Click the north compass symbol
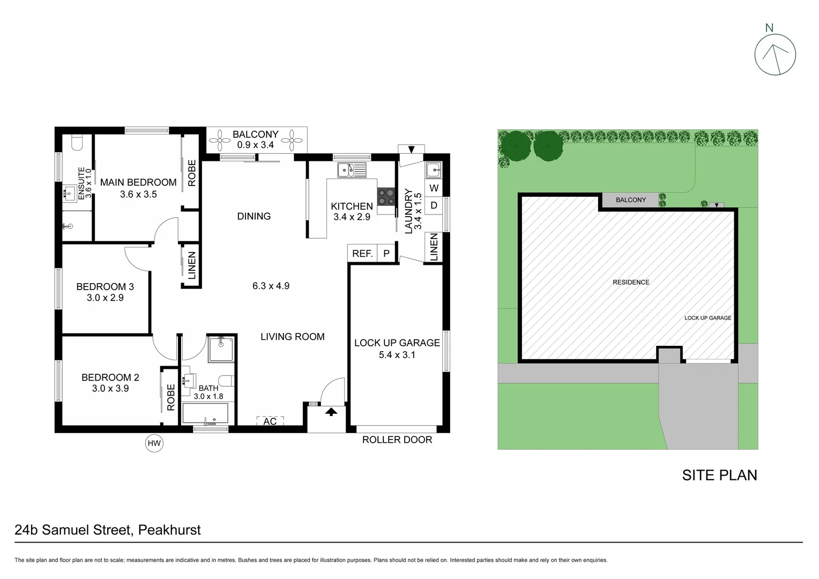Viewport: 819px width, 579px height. coord(775,54)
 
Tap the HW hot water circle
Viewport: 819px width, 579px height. coord(154,443)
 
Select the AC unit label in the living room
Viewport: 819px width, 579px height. coord(270,421)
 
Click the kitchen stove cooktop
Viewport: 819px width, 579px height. coord(385,196)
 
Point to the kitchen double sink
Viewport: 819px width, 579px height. coord(352,170)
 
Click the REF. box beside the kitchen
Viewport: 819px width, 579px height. coord(362,254)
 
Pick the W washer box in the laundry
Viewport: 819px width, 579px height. coord(434,188)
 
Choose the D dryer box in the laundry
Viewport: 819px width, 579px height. coord(434,205)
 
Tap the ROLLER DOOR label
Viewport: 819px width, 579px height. coord(397,440)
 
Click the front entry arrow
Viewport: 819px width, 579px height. coord(331,412)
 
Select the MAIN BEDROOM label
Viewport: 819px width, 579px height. coord(138,182)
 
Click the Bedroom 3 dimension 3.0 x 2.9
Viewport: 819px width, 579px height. coord(105,298)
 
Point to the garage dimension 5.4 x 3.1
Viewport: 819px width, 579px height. coord(397,355)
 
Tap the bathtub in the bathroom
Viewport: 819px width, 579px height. coord(205,413)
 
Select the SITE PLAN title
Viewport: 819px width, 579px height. coord(719,476)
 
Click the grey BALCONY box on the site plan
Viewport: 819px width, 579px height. coord(630,200)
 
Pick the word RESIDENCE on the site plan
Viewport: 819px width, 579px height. coord(631,283)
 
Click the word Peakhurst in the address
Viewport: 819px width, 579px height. coord(169,530)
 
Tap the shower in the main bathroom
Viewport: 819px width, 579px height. coord(221,349)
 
